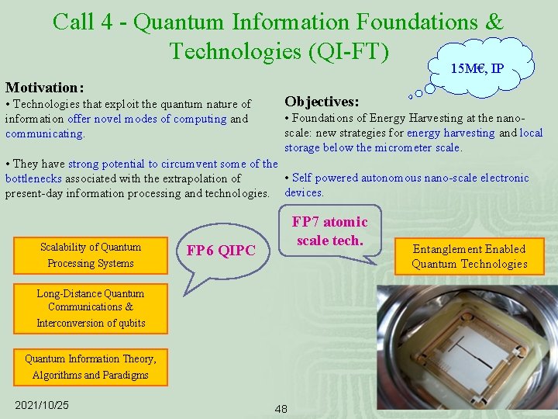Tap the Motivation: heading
pyautogui.click(x=45, y=87)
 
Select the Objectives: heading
pyautogui.click(x=322, y=101)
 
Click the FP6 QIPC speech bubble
pyautogui.click(x=220, y=251)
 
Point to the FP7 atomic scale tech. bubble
pyautogui.click(x=330, y=231)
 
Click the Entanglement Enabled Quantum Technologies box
pyautogui.click(x=469, y=256)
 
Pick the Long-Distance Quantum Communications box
pyautogui.click(x=91, y=308)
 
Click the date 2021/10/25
pyautogui.click(x=42, y=405)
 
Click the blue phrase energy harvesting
pyautogui.click(x=451, y=133)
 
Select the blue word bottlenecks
pyautogui.click(x=33, y=178)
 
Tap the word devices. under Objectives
pyautogui.click(x=304, y=192)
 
